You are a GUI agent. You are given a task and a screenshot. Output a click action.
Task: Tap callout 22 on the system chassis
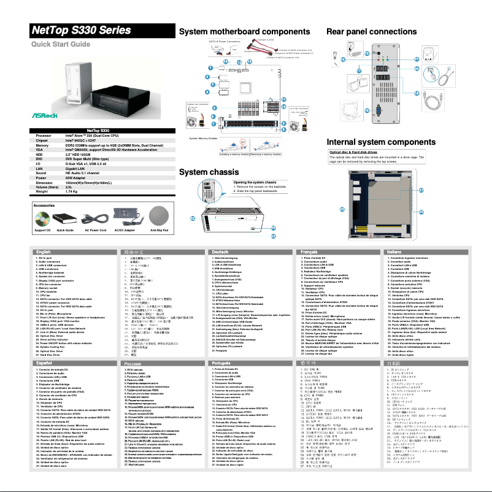(x=193, y=218)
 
